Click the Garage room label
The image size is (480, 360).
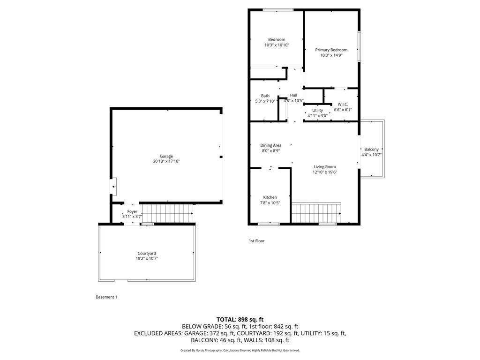click(x=166, y=156)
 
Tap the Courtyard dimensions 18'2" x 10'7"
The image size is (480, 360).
click(x=147, y=258)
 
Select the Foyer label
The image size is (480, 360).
click(x=132, y=211)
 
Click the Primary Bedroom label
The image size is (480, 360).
click(x=331, y=50)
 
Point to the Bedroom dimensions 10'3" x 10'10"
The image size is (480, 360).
click(x=277, y=45)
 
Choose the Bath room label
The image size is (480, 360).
click(x=265, y=96)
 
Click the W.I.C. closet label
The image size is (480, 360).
click(x=342, y=104)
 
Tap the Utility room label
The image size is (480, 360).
click(x=317, y=110)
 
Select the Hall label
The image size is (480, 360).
click(x=293, y=95)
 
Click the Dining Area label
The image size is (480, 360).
click(x=271, y=145)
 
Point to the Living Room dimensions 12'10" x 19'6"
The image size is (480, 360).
click(x=325, y=172)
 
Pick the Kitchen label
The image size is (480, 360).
click(x=270, y=197)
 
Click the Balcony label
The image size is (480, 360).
click(x=371, y=149)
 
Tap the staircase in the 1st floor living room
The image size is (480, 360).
click(x=316, y=212)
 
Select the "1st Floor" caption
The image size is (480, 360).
click(x=256, y=241)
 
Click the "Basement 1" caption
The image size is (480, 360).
click(x=106, y=297)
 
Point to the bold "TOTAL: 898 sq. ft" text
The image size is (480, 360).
click(x=240, y=319)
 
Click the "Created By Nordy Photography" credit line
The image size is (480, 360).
click(x=240, y=350)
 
